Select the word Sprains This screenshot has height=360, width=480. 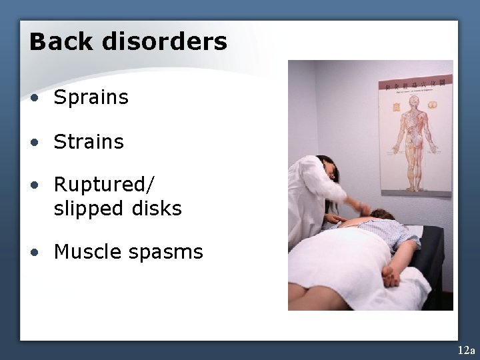tap(91, 98)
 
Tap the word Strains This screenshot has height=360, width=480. tap(89, 142)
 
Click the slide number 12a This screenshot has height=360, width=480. tap(466, 350)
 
